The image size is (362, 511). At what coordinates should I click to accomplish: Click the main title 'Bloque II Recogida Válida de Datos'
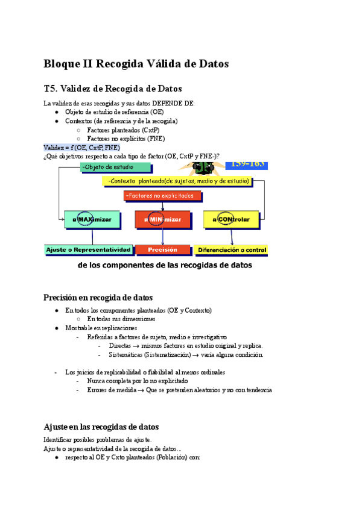(x=136, y=64)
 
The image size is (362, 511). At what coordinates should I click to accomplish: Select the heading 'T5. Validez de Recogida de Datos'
(x=113, y=89)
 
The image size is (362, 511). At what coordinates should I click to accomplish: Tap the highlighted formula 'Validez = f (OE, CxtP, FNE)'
(x=81, y=147)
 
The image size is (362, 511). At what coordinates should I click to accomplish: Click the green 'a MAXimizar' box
(x=92, y=219)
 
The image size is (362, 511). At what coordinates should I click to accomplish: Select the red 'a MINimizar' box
(x=162, y=219)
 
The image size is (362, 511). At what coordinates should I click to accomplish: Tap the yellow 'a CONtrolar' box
(x=230, y=219)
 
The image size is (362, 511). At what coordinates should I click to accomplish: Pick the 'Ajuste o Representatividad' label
(x=88, y=249)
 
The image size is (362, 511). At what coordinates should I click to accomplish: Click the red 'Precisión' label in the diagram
(x=162, y=249)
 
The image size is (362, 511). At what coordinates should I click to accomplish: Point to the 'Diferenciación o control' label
(x=230, y=249)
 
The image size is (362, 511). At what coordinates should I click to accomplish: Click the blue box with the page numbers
(x=246, y=164)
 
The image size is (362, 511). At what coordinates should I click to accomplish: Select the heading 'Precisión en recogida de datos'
(x=98, y=297)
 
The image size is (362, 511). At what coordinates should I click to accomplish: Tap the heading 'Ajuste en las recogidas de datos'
(x=101, y=426)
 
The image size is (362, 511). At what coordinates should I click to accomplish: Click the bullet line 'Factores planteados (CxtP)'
(x=123, y=130)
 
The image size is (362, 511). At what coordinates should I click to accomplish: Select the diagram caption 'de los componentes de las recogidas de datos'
(x=165, y=265)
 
